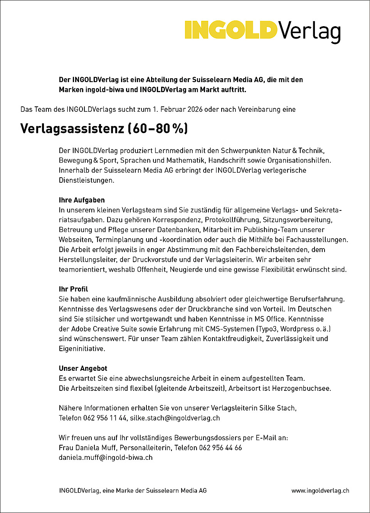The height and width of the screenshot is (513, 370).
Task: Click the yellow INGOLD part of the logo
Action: coord(230,30)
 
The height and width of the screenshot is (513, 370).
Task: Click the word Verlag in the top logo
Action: coord(309,31)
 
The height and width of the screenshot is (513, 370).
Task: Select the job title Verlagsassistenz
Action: coord(72,128)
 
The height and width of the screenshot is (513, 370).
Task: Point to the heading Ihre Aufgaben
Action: coord(82,200)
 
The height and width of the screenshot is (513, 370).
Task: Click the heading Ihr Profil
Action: coord(73,289)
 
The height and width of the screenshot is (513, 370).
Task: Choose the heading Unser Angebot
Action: coord(83,368)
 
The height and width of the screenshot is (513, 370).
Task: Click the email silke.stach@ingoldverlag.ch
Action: coord(175,418)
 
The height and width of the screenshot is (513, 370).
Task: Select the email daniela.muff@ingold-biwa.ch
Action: coord(106,458)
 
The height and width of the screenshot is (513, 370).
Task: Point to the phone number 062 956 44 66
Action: coord(220,448)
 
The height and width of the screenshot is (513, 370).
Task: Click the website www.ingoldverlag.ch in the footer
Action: coord(320,491)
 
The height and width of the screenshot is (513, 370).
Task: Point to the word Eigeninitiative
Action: coord(81,349)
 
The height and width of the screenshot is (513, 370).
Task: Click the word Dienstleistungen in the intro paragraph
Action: coord(86,180)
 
